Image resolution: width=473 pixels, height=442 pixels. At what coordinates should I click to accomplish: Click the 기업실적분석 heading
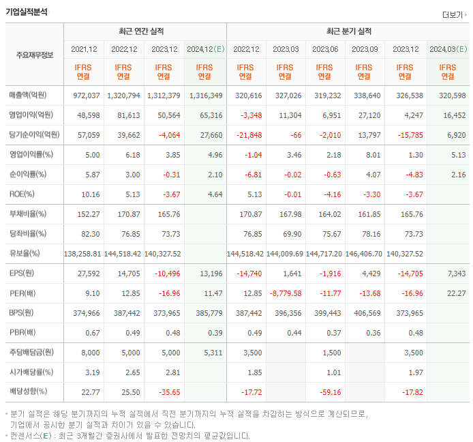(28, 11)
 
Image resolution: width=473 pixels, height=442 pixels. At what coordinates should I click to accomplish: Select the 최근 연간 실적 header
(144, 31)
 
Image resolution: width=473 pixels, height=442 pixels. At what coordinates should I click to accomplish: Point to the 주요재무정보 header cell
(35, 55)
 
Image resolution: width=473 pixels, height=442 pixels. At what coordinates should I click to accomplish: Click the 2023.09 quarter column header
(365, 49)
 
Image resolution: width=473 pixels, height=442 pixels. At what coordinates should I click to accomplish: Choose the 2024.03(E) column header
(448, 49)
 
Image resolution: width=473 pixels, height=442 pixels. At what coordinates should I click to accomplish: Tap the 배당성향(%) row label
(29, 392)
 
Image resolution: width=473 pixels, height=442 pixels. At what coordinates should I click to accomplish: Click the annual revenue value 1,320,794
(125, 95)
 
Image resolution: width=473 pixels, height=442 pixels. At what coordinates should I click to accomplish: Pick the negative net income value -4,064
(167, 135)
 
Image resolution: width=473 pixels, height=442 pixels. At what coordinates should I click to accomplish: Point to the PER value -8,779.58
(286, 293)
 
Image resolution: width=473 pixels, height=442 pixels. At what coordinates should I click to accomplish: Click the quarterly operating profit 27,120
(367, 115)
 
